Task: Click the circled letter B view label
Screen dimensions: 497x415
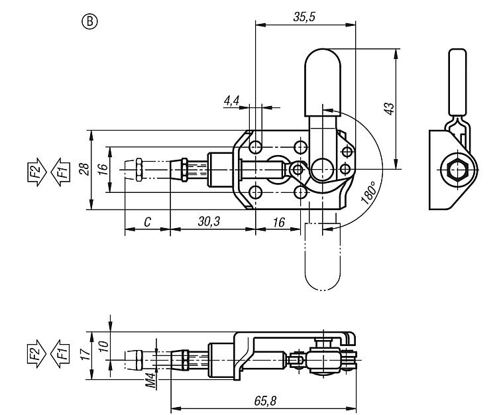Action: tap(89, 22)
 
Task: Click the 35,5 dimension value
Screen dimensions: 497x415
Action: tap(304, 17)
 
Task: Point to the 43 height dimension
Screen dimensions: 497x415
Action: tap(389, 109)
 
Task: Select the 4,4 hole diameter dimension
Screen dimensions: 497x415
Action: tap(232, 101)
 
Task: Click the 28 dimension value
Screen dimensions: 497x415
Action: tap(84, 169)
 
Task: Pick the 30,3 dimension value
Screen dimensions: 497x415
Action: tap(209, 221)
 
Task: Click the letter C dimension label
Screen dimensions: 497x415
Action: tap(147, 222)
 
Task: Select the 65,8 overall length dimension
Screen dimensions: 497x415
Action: tap(265, 400)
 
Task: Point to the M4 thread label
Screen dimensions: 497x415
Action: tap(151, 380)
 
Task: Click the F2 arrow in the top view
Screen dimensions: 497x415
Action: tap(36, 172)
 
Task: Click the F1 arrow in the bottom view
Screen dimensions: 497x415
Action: tap(60, 354)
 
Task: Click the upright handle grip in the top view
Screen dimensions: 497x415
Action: tap(323, 82)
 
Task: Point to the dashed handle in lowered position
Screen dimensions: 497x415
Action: tap(322, 257)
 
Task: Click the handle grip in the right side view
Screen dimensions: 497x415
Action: tap(457, 82)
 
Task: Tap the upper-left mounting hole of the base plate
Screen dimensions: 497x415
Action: tap(256, 147)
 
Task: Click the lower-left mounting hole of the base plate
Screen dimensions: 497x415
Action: tap(256, 192)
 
